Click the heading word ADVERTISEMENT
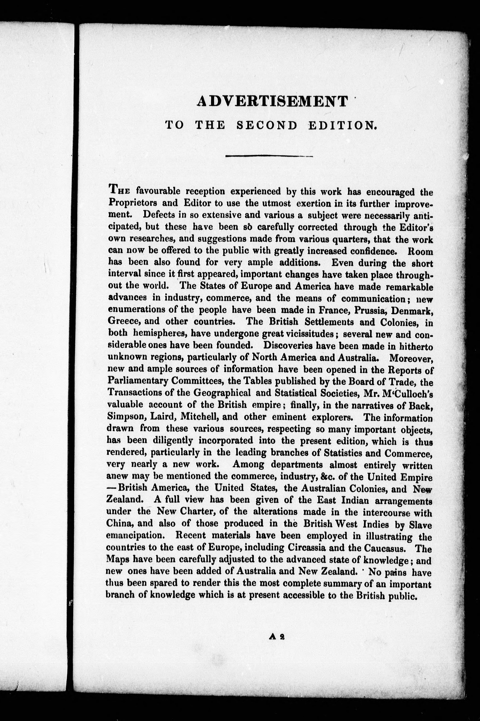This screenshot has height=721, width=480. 272,101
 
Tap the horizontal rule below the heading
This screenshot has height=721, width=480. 269,156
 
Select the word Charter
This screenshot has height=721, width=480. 196,512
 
